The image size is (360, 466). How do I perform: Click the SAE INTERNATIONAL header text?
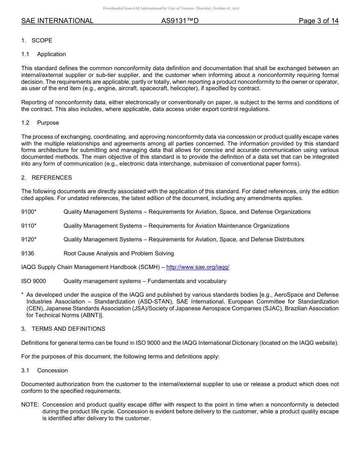click(x=57, y=21)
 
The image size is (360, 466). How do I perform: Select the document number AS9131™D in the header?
click(x=180, y=21)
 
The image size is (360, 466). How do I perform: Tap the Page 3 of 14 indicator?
click(x=318, y=21)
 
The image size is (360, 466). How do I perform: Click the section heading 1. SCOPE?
click(x=37, y=41)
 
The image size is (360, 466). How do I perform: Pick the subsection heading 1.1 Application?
click(x=44, y=54)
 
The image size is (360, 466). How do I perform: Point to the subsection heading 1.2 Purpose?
click(x=40, y=123)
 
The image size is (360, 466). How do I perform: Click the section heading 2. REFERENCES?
click(x=46, y=178)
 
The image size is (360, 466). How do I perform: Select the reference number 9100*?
click(x=29, y=212)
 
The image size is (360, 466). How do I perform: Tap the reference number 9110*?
click(x=29, y=226)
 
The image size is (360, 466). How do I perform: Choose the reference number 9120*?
click(x=29, y=239)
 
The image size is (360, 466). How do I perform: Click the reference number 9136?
click(x=28, y=253)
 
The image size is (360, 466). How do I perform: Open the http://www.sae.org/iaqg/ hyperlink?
click(x=198, y=267)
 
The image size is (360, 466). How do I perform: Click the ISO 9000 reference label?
click(x=33, y=281)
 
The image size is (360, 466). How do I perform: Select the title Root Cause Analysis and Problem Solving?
click(x=119, y=253)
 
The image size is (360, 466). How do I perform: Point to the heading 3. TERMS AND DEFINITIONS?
click(x=63, y=329)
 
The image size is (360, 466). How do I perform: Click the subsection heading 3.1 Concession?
click(x=45, y=371)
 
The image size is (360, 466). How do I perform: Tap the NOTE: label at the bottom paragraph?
click(x=30, y=405)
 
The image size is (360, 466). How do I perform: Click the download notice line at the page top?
click(x=171, y=8)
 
